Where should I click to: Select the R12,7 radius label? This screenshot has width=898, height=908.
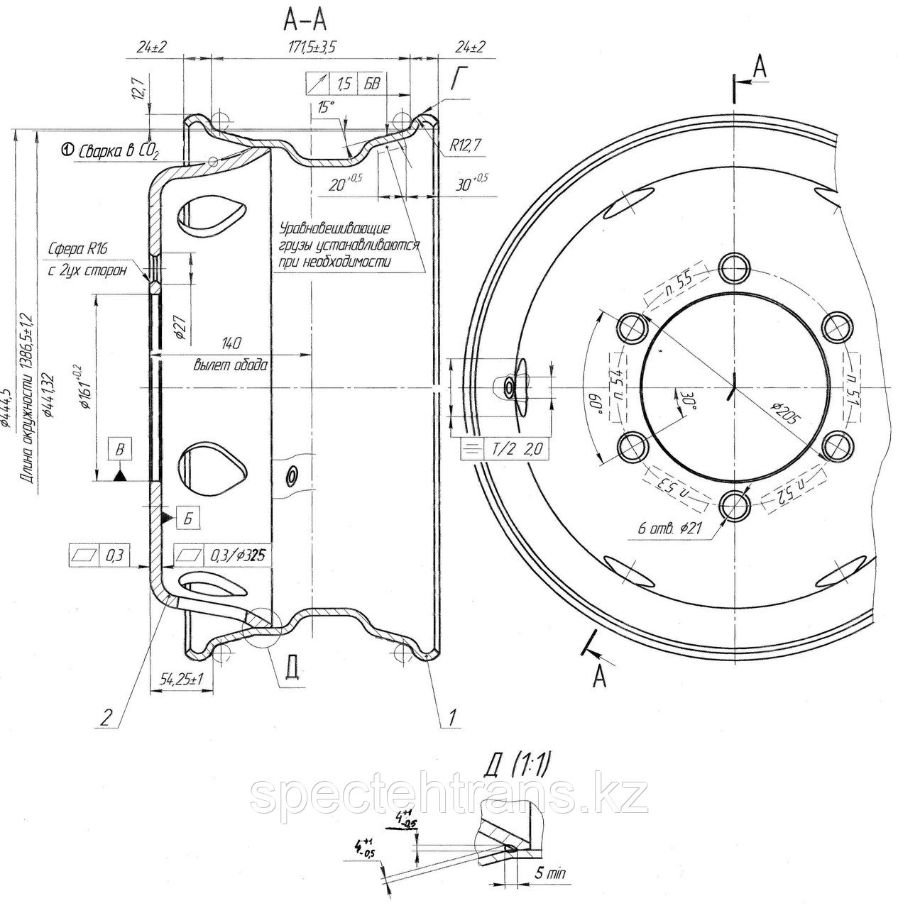pyautogui.click(x=466, y=146)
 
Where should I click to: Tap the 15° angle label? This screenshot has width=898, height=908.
pyautogui.click(x=325, y=107)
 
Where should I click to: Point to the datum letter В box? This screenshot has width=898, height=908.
pyautogui.click(x=120, y=448)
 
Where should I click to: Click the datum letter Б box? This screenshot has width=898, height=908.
pyautogui.click(x=187, y=519)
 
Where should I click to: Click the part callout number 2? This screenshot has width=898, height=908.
pyautogui.click(x=105, y=717)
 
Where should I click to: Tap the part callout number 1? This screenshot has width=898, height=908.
pyautogui.click(x=449, y=717)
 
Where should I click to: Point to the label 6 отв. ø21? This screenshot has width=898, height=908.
pyautogui.click(x=671, y=528)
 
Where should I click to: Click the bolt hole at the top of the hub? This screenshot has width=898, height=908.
pyautogui.click(x=735, y=267)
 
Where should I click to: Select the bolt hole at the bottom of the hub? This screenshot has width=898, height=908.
pyautogui.click(x=735, y=505)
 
